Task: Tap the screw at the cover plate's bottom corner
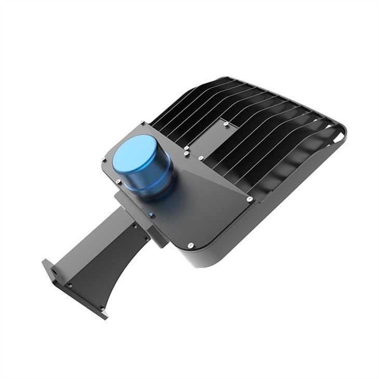pyautogui.click(x=190, y=245)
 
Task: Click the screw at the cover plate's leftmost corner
pyautogui.click(x=104, y=160)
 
